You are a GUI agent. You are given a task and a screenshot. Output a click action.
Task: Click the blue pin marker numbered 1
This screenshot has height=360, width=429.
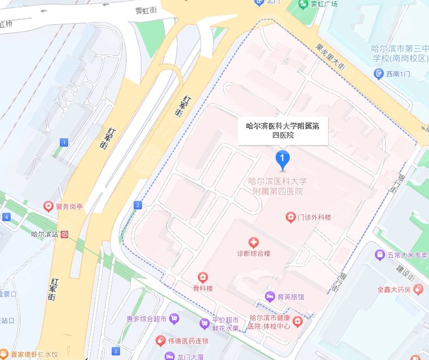pyautogui.click(x=282, y=160)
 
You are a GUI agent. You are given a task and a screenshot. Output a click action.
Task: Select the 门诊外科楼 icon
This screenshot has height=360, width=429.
pyautogui.click(x=290, y=217)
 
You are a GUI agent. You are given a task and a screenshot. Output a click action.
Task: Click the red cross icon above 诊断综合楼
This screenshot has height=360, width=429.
pyautogui.click(x=254, y=243)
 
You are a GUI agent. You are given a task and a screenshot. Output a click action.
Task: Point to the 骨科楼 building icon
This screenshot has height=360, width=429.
pyautogui.click(x=202, y=277)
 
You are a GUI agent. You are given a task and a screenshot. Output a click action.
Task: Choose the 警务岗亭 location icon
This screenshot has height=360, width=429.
pyautogui.click(x=48, y=207)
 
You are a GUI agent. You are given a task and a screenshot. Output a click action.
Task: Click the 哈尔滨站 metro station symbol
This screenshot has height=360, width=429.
pyautogui.click(x=66, y=234)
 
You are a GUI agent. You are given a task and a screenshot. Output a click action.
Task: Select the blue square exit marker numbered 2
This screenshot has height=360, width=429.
pyautogui.click(x=138, y=205)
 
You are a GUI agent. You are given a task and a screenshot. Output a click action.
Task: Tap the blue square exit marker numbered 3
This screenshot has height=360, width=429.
pyautogui.click(x=116, y=350)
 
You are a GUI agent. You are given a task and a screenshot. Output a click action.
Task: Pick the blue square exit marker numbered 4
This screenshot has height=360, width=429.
pyautogui.click(x=6, y=217)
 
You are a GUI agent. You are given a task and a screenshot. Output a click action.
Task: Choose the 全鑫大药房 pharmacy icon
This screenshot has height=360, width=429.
pyautogui.click(x=418, y=289)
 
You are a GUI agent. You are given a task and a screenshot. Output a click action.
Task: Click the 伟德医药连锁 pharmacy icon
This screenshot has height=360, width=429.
pyautogui.click(x=161, y=341)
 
